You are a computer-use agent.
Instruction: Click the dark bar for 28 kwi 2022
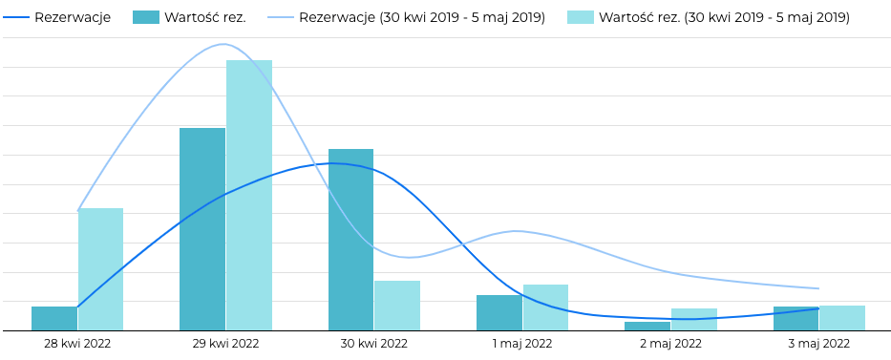(x=54, y=319)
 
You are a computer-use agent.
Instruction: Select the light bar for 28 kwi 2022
(x=100, y=269)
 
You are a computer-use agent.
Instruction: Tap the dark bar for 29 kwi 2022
(x=202, y=229)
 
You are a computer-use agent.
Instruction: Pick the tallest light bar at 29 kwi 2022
(x=249, y=196)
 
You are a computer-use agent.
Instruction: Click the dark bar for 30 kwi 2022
(x=350, y=240)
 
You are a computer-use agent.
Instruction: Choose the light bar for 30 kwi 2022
(x=397, y=306)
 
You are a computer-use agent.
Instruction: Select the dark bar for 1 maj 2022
(x=499, y=313)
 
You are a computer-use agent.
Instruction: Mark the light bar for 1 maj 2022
(x=545, y=307)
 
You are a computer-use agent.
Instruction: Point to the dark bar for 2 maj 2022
(x=647, y=327)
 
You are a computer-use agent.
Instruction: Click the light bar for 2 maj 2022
(x=694, y=320)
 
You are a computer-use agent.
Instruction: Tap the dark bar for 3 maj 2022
(x=796, y=319)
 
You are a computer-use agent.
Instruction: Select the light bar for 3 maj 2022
(x=842, y=318)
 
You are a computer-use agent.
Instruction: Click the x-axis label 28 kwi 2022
(x=77, y=344)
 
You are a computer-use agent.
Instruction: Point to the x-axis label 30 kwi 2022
(x=374, y=344)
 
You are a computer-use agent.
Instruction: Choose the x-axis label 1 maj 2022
(x=522, y=344)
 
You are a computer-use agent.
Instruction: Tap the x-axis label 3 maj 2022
(x=819, y=344)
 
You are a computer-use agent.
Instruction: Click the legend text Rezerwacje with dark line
(x=73, y=17)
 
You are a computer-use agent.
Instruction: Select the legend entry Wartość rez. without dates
(x=204, y=17)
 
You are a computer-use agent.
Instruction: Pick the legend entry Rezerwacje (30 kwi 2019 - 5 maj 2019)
(x=421, y=17)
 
